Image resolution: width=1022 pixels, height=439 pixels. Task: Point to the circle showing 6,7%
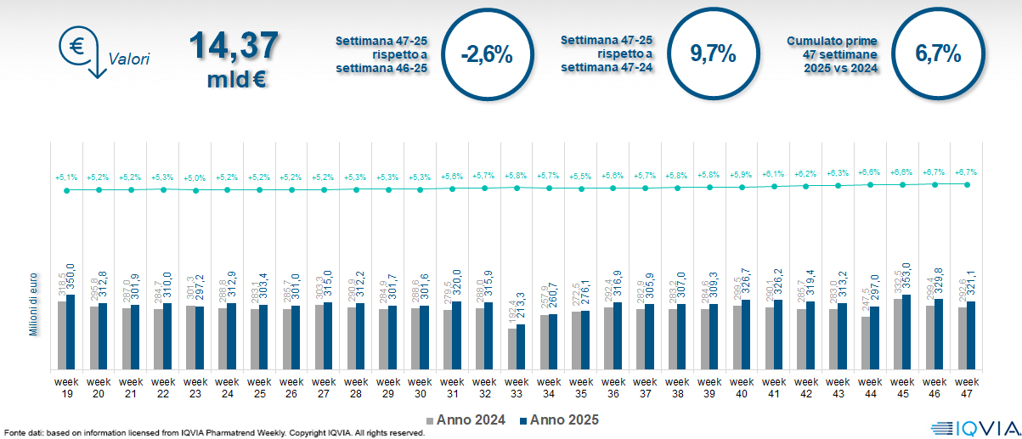click(938, 54)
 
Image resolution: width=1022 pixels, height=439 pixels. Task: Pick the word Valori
click(129, 59)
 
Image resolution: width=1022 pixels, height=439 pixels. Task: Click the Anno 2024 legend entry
click(466, 419)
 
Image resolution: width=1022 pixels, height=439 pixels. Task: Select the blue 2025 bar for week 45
click(906, 331)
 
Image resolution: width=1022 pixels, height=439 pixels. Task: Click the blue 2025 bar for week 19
click(71, 332)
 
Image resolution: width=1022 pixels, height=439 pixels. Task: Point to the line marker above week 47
click(968, 184)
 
